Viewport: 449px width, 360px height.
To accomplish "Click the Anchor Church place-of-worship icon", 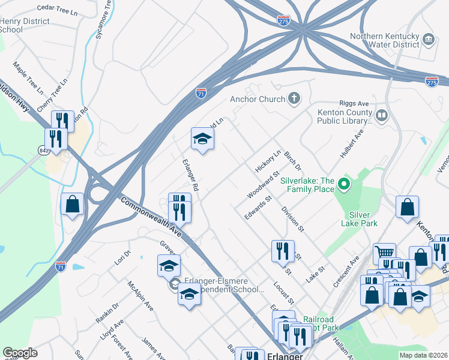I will click(x=294, y=98).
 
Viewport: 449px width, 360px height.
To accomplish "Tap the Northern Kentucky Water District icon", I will click(x=429, y=40).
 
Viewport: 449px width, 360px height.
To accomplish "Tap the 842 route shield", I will click(x=43, y=149).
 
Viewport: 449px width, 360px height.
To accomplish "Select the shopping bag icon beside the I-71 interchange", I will click(x=73, y=204).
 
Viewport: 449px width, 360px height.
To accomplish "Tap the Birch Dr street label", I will click(x=292, y=161).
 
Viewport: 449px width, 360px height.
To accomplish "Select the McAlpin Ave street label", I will click(x=140, y=296).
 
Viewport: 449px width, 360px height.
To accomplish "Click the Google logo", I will click(x=20, y=353).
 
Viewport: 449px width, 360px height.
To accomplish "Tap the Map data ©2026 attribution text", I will click(x=423, y=355).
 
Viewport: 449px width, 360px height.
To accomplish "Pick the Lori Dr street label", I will click(x=122, y=258).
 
